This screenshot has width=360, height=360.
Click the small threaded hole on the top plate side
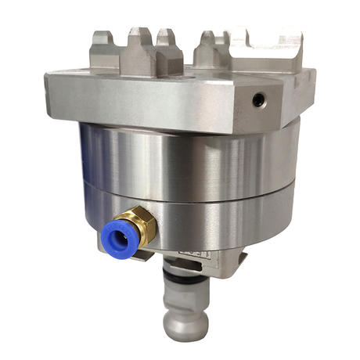coord(259,100)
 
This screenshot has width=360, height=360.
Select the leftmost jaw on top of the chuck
coord(106,47)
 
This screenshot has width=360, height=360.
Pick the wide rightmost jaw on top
coord(266,47)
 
